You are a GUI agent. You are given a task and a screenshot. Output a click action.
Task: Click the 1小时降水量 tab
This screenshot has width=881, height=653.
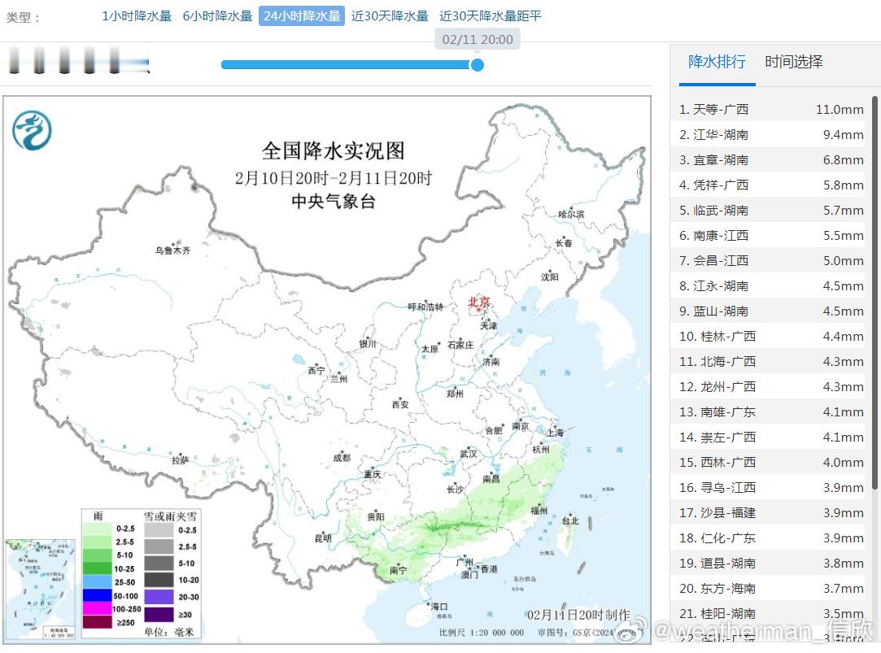click(137, 15)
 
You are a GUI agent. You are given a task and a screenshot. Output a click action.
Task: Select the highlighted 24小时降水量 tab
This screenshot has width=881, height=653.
click(302, 15)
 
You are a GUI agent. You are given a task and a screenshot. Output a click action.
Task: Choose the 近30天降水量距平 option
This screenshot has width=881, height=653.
click(490, 15)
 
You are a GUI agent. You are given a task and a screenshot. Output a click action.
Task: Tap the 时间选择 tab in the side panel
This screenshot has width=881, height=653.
click(793, 62)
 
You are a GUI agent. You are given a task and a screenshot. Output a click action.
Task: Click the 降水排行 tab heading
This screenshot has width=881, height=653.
click(717, 62)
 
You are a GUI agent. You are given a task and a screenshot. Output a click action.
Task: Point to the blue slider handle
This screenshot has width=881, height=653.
click(478, 65)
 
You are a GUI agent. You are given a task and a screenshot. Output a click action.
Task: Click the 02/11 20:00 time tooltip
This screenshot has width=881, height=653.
click(478, 39)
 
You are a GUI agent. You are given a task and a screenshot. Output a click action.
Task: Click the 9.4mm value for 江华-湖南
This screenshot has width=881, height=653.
click(843, 134)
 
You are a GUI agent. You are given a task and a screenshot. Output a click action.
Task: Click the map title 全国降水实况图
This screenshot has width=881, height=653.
click(333, 150)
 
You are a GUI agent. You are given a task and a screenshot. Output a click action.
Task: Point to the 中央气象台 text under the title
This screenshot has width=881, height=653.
click(334, 202)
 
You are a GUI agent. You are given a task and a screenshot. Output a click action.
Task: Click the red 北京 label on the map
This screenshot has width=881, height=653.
click(479, 303)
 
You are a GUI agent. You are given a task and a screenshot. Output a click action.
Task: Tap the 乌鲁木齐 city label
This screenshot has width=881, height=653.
click(172, 250)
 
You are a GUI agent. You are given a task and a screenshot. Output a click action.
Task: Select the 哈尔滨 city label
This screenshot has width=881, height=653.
click(571, 214)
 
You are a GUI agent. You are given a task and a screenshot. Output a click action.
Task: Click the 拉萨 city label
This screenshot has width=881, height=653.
click(180, 459)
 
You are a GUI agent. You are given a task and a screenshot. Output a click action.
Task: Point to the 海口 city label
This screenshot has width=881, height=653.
click(439, 607)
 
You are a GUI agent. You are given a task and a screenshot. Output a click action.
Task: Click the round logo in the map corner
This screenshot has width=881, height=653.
click(32, 130)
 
